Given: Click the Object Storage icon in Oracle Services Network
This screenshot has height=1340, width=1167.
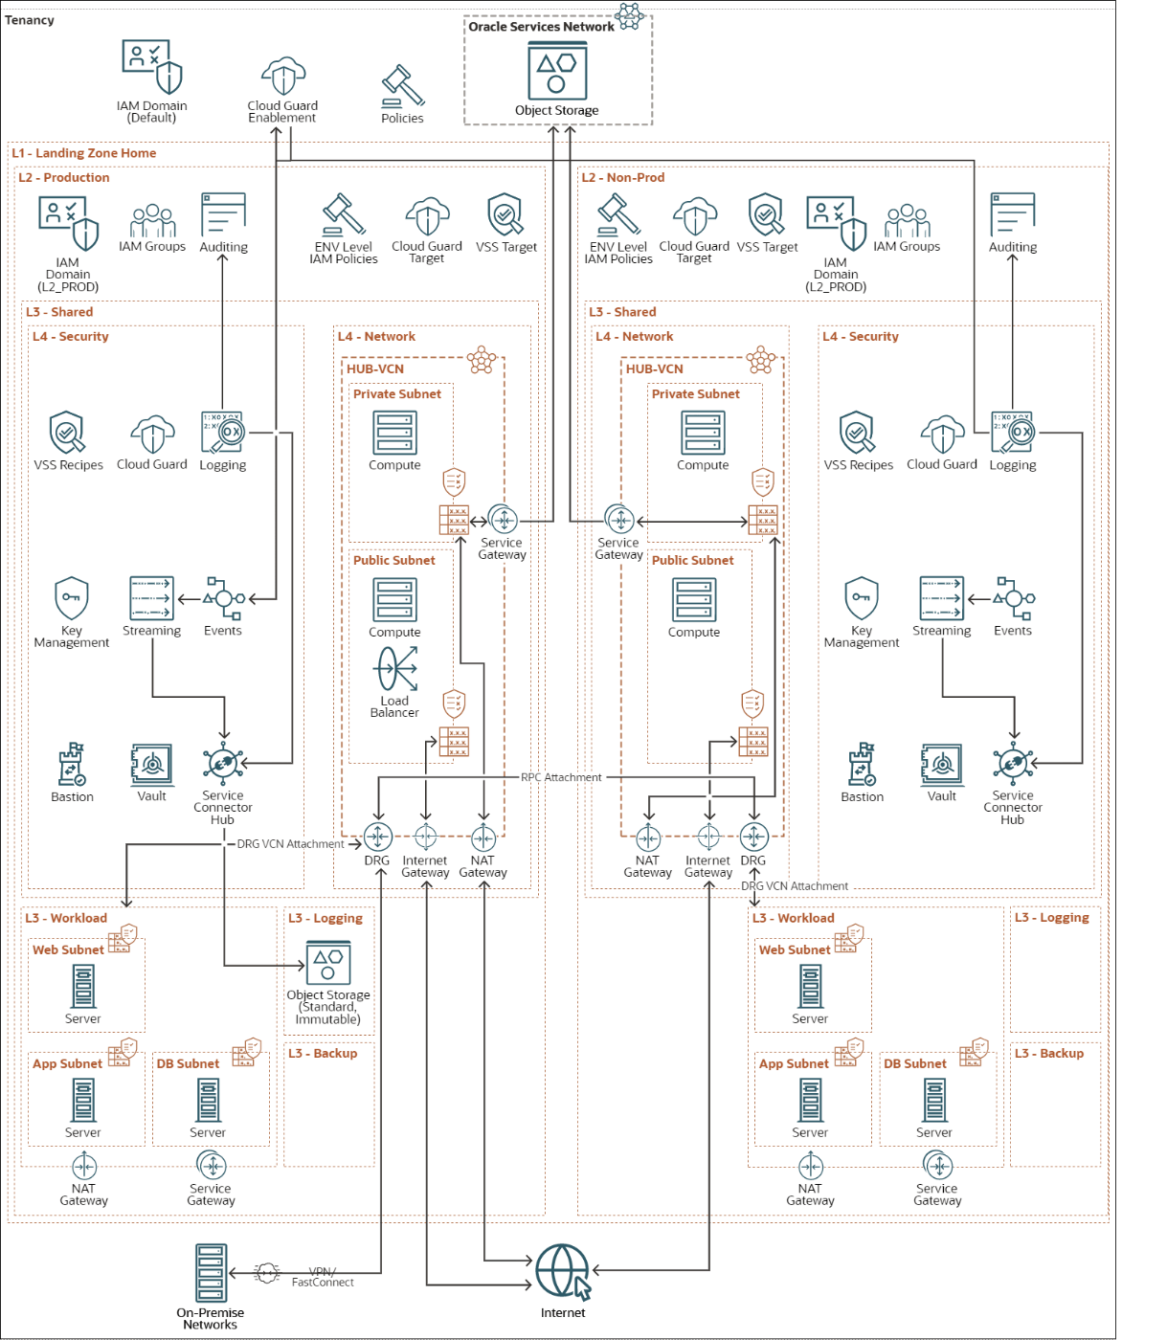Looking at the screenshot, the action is point(556,71).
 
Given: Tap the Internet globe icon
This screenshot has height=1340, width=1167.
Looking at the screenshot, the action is point(563,1271).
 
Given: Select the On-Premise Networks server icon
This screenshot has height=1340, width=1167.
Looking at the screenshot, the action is point(211,1273).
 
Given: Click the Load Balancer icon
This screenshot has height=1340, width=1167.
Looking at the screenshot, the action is point(394,669).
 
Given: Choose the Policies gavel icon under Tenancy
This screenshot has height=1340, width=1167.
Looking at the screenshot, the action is point(403,86).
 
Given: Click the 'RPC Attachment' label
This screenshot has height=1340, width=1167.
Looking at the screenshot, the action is point(561,777).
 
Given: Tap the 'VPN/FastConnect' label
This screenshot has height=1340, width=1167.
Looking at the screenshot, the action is point(323,1277).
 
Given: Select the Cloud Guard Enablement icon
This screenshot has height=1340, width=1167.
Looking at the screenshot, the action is point(283,76).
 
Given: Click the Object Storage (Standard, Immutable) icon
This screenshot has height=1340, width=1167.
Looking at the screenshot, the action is point(328,962).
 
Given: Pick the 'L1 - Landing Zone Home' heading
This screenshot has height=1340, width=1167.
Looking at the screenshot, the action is point(84,152).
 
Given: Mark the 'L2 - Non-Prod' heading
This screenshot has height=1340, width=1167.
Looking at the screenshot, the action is point(623,177).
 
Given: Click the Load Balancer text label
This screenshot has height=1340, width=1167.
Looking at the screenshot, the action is point(394,706).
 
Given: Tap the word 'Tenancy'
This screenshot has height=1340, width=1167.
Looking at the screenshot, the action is point(30,20).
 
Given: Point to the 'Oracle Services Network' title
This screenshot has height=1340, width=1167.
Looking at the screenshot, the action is point(541,27).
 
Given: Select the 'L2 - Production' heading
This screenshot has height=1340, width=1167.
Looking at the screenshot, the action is point(63,177).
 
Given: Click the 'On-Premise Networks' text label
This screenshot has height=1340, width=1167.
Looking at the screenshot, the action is point(211,1318).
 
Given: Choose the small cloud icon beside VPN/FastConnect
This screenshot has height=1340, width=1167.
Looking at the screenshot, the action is point(266,1273).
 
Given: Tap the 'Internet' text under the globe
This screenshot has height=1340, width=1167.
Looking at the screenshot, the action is point(563,1312).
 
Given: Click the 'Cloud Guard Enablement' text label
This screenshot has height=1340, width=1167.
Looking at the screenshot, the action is point(282,111).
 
